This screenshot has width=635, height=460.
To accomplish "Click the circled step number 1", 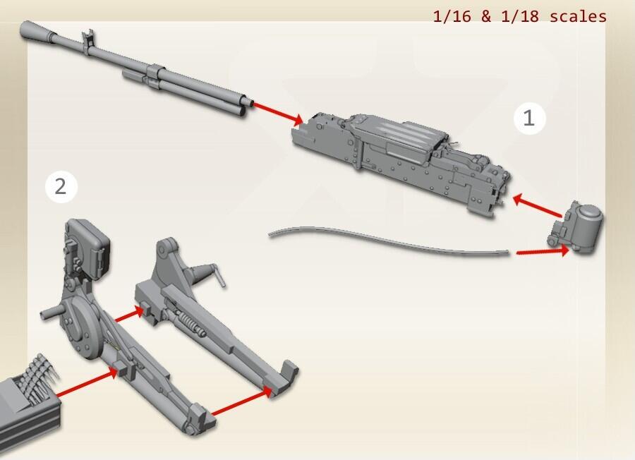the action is coord(529,118).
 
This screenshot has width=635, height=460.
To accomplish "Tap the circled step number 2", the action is coord(61,187).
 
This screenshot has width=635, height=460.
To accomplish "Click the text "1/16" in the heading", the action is coord(452,16).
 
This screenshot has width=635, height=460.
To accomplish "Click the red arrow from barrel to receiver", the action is coord(278,112).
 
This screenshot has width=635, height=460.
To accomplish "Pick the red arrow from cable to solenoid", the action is coord(543,251).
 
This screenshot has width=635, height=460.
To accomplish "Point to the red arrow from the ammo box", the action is coord(87,382).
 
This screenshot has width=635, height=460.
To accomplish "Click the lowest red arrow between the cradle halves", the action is coord(242,402).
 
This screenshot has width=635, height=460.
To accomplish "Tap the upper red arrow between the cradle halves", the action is coord(130,314).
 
